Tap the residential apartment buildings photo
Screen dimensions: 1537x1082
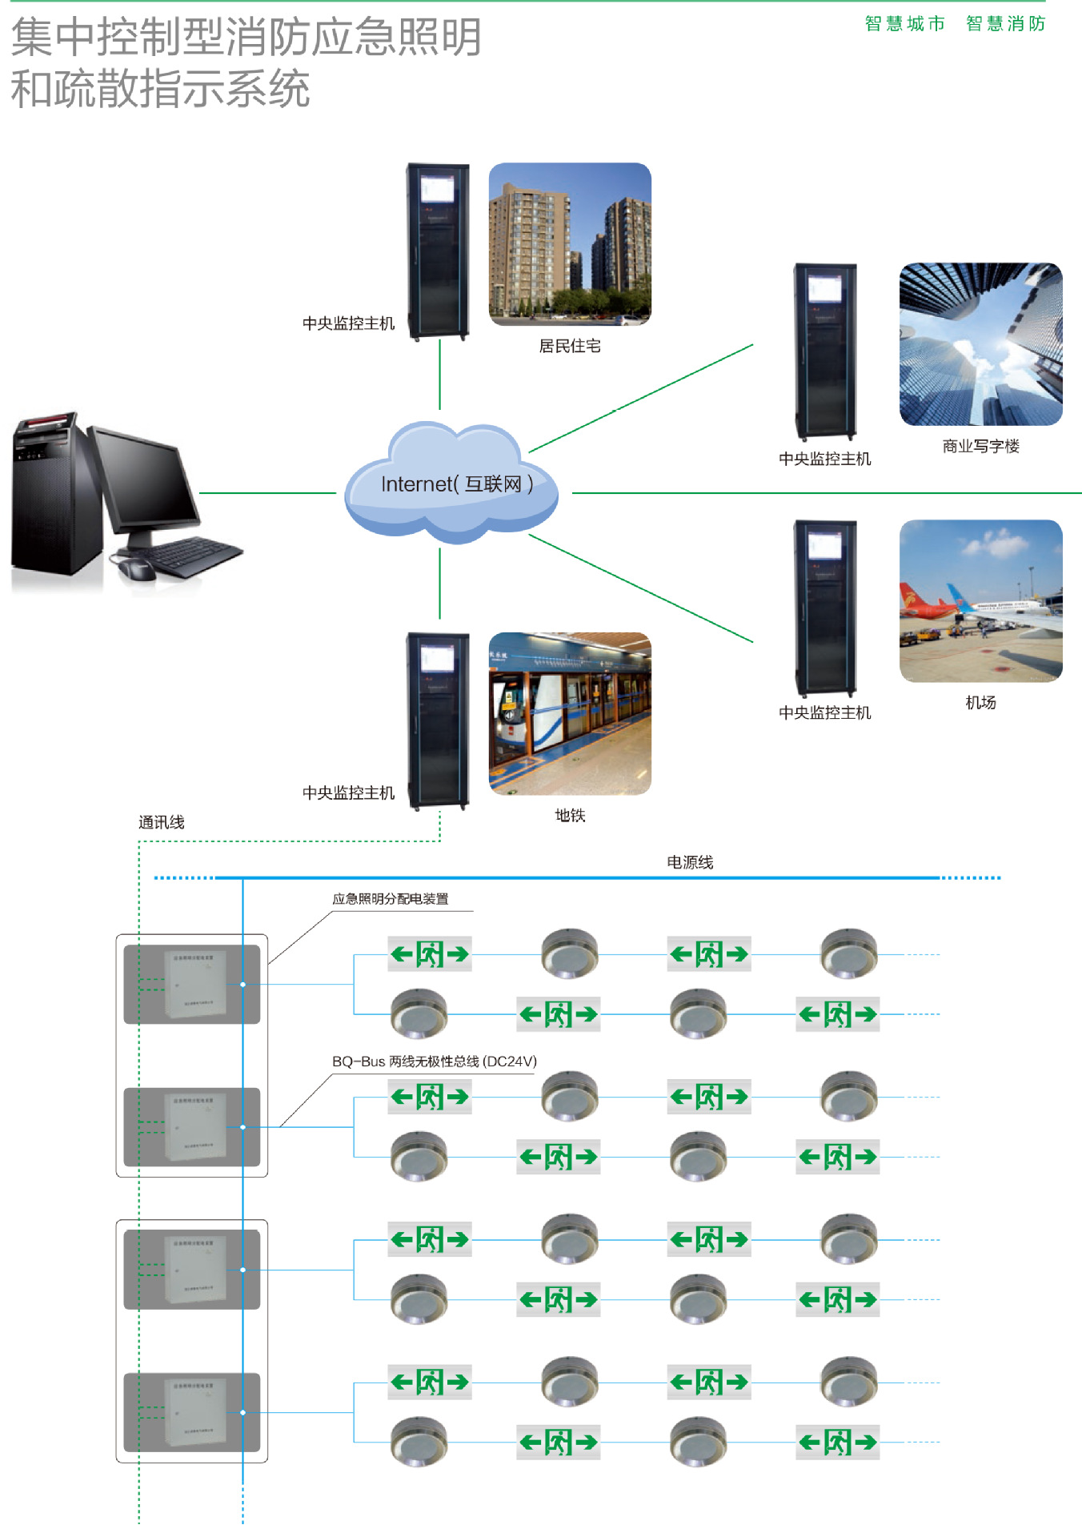point(570,244)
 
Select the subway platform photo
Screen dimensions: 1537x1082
point(570,713)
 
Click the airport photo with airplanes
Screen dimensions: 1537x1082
point(980,600)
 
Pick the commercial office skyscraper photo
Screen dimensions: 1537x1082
point(980,344)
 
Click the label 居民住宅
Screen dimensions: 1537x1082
point(570,346)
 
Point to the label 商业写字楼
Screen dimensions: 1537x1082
point(980,446)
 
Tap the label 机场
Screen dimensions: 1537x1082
point(980,702)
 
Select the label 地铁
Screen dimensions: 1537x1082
point(570,815)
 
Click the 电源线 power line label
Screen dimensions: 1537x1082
point(690,862)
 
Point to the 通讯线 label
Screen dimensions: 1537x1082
point(161,822)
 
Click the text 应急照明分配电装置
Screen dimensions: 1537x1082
point(391,899)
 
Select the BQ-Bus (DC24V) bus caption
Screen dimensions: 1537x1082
point(434,1061)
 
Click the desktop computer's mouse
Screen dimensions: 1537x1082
point(136,568)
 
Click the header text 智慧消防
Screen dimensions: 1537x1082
point(1005,24)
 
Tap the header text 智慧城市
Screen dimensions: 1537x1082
point(904,24)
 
